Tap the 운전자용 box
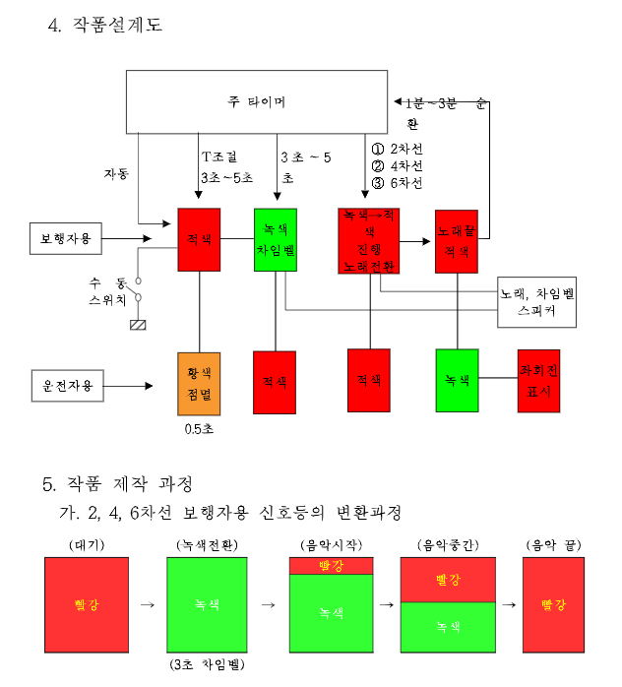[67, 385]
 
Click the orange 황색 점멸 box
[199, 383]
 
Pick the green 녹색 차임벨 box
[275, 239]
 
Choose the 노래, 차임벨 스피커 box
[536, 301]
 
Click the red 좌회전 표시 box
[538, 380]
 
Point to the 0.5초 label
[199, 430]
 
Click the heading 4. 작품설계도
[105, 26]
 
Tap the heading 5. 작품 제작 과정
[117, 484]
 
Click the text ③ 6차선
[398, 183]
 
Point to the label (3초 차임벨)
[206, 665]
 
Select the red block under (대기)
[87, 604]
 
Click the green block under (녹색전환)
[207, 604]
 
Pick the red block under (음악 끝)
[554, 604]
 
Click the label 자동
[116, 173]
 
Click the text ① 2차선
[398, 149]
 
